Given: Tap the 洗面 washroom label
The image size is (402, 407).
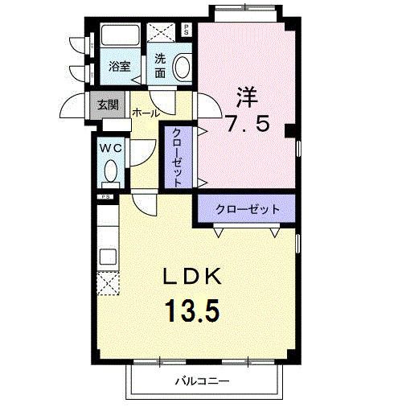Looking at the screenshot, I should [x=160, y=65].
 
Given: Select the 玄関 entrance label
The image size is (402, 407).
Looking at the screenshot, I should [x=109, y=105].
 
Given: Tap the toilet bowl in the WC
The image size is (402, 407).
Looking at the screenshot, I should [x=111, y=172].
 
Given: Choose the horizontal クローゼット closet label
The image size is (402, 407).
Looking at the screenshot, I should [x=247, y=209].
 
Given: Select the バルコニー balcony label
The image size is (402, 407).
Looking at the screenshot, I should [x=203, y=382].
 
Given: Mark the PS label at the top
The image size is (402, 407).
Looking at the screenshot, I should [x=187, y=31].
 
